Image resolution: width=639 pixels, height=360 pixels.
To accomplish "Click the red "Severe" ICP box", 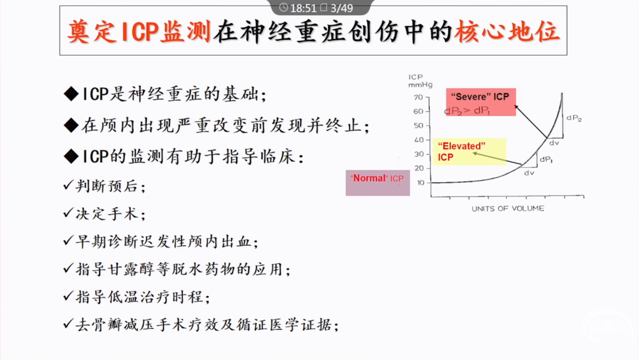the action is click(x=481, y=102).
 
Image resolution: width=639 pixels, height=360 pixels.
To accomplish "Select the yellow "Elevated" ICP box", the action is click(x=469, y=152).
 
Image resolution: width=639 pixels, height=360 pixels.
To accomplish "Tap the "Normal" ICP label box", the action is click(x=377, y=182).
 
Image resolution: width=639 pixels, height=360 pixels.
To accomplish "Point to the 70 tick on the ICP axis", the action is click(x=418, y=97).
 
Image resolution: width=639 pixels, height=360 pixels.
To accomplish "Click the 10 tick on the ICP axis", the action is click(x=421, y=182).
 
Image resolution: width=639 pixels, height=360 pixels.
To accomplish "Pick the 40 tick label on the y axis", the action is click(x=419, y=140).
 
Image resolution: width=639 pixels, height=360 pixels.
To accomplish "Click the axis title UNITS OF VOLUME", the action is click(x=508, y=208).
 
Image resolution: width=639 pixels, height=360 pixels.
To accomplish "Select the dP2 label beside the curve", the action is click(x=574, y=118).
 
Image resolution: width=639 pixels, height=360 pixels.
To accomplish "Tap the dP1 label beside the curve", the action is click(x=546, y=159).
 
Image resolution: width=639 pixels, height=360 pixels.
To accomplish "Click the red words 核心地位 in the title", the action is click(x=507, y=31).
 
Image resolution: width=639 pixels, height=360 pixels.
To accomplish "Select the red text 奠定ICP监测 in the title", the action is click(x=139, y=31).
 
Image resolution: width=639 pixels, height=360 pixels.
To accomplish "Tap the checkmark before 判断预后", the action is click(x=68, y=185).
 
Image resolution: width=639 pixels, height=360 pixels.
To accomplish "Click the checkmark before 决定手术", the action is click(x=68, y=213).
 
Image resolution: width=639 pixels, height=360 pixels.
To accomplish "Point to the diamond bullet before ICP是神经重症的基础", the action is click(x=72, y=94).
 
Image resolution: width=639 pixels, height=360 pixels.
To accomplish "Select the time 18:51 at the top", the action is click(x=303, y=8).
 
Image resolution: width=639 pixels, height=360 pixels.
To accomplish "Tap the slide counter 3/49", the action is click(x=341, y=8).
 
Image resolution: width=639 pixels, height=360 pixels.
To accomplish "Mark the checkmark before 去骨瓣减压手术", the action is click(x=68, y=324).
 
